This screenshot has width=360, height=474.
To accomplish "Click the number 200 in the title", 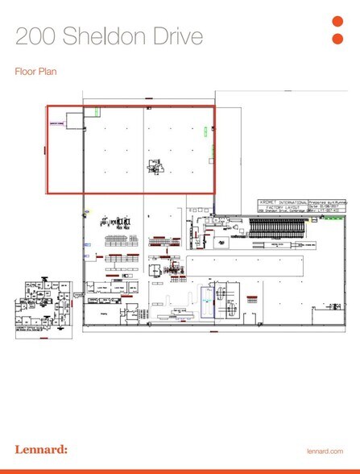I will [x=36, y=35].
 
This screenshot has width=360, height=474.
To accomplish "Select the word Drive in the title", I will [x=176, y=35].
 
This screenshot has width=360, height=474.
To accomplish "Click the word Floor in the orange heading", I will [x=27, y=72].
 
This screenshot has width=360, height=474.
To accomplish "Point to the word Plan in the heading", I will [x=49, y=72].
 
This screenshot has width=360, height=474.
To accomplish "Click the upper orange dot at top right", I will [x=338, y=22].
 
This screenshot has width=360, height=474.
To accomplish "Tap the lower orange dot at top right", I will [x=338, y=38].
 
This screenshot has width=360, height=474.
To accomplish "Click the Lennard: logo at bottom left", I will [x=40, y=448].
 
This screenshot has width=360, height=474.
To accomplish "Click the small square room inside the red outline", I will [x=74, y=122].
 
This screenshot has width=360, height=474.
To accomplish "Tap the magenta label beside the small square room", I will [x=56, y=123].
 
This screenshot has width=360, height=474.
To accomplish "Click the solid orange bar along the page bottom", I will [x=180, y=471].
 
